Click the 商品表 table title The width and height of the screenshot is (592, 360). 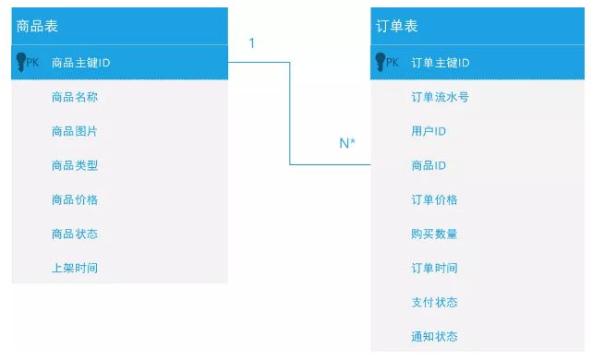38,27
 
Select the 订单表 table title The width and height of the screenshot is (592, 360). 397,27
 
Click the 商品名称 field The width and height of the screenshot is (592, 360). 75,97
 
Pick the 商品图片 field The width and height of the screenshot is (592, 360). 75,131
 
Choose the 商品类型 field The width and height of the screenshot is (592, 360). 75,165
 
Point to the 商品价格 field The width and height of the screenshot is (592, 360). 75,199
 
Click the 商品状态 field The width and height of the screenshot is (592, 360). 75,234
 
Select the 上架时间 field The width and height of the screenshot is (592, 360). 75,268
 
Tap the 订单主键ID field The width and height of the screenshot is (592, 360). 441,63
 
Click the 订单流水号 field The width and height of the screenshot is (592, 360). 440,97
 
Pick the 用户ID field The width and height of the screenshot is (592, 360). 429,131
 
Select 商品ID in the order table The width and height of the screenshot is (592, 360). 429,165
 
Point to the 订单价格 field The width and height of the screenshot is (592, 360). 434,199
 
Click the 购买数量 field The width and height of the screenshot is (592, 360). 434,234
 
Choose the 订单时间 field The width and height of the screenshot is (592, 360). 434,268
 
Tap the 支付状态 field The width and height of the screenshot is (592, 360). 434,302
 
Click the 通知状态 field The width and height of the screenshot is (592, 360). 434,336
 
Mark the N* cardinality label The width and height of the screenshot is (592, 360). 347,143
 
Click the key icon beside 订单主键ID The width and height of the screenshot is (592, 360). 379,62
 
